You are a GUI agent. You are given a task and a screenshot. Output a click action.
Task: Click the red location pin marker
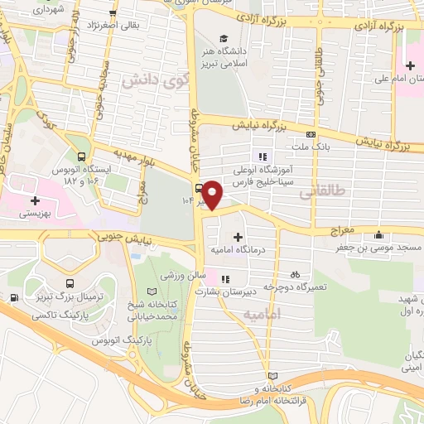click(213, 195)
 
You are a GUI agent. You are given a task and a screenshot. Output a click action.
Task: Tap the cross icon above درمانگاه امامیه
click(238, 237)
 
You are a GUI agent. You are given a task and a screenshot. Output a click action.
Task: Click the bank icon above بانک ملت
click(311, 134)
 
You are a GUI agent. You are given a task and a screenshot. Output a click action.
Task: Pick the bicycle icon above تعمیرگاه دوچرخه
click(294, 274)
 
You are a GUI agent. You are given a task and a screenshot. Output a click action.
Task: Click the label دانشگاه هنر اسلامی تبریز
click(227, 58)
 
